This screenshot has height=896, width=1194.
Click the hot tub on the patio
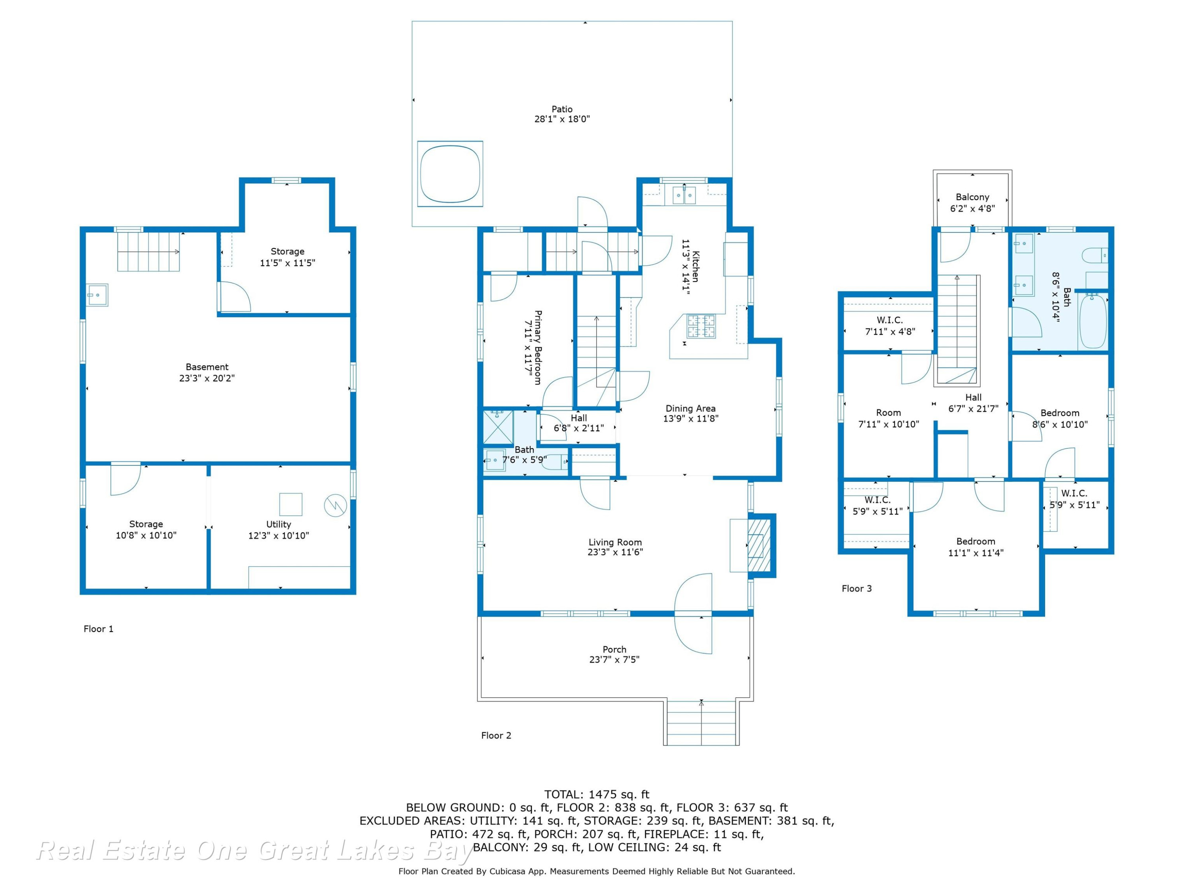point(450,173)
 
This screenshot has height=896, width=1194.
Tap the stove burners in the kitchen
point(700,326)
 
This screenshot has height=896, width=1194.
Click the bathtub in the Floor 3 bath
point(1093,321)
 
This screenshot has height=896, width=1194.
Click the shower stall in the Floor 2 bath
point(498,426)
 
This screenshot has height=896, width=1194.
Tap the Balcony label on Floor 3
point(972,197)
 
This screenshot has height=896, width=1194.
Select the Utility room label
point(279,524)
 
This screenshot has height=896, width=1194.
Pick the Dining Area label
point(691,408)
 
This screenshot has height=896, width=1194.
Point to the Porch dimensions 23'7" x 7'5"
point(614,659)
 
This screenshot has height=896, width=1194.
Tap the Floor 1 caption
point(98,629)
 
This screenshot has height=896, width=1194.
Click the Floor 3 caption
point(856,589)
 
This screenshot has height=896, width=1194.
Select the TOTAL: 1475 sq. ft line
point(597,794)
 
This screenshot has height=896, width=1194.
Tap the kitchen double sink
point(684,195)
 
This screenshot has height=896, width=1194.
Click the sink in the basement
point(98,295)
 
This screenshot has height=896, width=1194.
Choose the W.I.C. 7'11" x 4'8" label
point(890,326)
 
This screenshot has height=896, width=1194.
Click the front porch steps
point(701,723)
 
